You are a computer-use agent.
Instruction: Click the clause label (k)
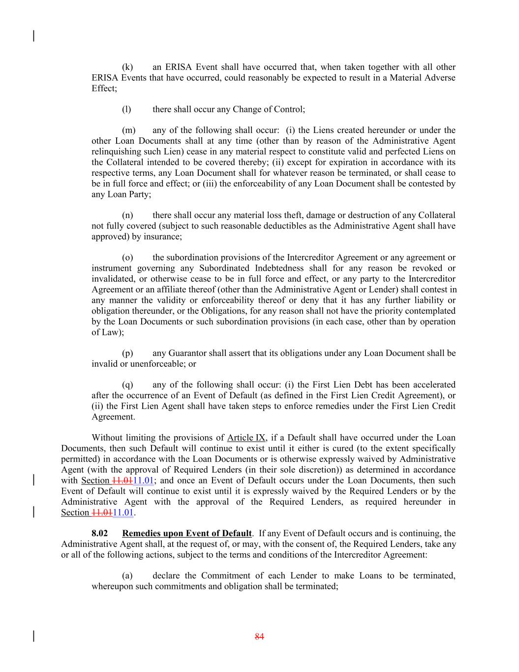(x=127, y=67)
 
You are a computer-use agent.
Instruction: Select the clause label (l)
(x=126, y=109)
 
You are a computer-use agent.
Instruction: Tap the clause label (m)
(x=128, y=130)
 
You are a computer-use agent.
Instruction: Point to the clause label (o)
(x=127, y=257)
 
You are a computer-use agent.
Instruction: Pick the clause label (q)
(x=127, y=384)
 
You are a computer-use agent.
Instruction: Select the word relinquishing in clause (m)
(x=114, y=152)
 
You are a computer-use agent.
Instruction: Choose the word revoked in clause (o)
(x=441, y=268)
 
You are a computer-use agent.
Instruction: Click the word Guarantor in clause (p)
(x=187, y=353)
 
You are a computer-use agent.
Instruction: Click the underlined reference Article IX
(x=246, y=438)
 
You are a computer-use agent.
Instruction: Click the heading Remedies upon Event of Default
(x=187, y=533)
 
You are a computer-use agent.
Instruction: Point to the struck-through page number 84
(x=259, y=637)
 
